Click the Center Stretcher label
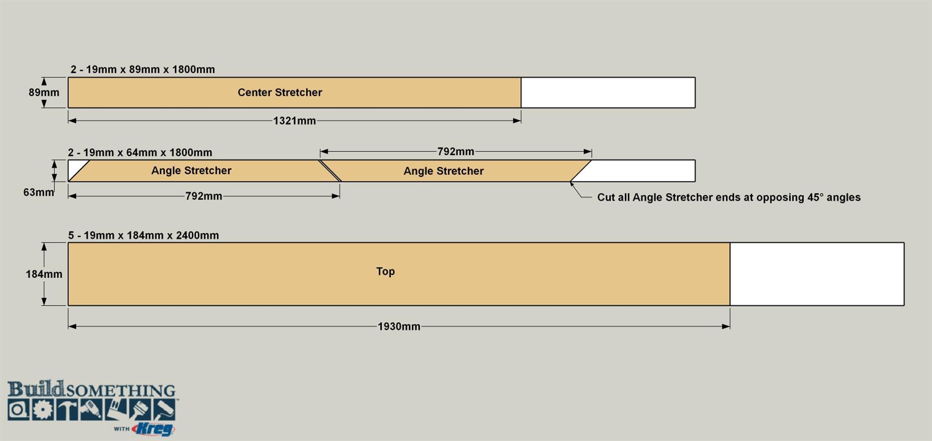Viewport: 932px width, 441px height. coord(280,92)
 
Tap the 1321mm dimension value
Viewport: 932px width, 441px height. coord(294,121)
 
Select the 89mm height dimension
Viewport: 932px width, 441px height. coord(44,92)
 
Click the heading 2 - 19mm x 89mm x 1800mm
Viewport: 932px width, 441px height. coord(143,69)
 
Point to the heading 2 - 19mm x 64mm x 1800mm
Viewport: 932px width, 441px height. coord(140,153)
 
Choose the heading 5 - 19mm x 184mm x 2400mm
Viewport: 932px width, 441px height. coord(143,235)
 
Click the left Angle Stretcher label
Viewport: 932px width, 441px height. coord(191,170)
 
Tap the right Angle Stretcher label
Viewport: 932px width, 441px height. coord(444,171)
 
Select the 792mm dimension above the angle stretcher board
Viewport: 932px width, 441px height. coord(456,152)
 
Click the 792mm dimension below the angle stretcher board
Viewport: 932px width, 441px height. coord(204,196)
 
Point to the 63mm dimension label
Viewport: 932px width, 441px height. coord(38,192)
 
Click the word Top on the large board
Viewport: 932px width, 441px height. coord(385,271)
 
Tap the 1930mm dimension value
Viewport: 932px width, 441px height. coord(398,327)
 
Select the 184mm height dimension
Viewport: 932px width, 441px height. coord(44,275)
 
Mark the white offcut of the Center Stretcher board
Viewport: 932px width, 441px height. coord(608,92)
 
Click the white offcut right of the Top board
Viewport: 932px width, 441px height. coord(817,274)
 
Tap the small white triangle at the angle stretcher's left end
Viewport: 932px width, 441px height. coord(75,167)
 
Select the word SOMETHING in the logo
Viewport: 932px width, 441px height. coord(121,390)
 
